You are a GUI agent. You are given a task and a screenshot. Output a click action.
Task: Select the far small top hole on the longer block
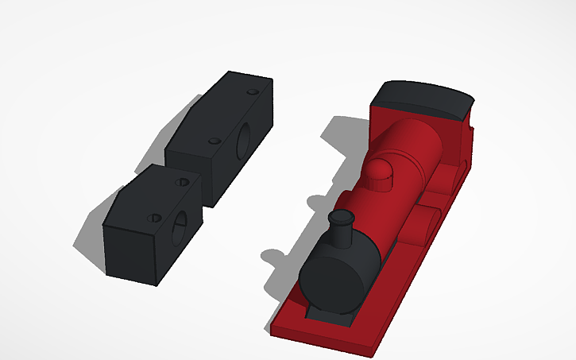pyautogui.click(x=253, y=92)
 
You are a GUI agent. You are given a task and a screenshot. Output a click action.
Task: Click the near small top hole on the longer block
pyautogui.click(x=214, y=141)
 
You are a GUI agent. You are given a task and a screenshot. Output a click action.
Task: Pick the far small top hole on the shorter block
pyautogui.click(x=182, y=182)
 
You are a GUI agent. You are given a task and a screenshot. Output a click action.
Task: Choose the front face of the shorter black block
pyautogui.click(x=131, y=254)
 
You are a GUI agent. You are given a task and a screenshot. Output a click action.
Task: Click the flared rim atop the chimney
pyautogui.click(x=342, y=216)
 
